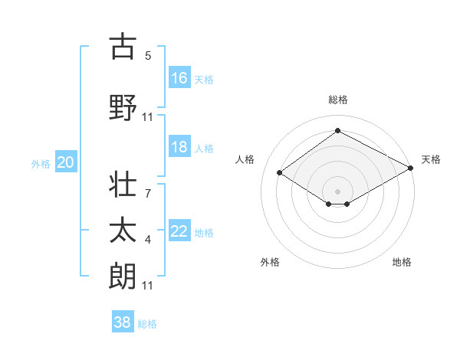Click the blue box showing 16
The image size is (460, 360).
coord(179,78)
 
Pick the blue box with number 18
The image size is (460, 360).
coord(179,147)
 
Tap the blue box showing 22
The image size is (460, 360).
coord(179,232)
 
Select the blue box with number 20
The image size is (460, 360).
coord(65,162)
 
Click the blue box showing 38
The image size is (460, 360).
coord(123,322)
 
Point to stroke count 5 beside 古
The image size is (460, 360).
coord(148,56)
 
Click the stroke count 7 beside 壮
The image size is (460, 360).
coord(148,195)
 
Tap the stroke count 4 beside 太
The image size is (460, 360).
coord(148,241)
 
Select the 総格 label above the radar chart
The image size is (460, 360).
coord(337,100)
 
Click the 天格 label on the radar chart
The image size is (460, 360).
coord(432,159)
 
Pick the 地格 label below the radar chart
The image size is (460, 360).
coord(402,262)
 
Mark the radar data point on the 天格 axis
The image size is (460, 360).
coord(411,168)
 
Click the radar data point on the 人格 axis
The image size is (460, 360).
coord(280,173)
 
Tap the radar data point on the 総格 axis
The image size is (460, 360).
coord(337,130)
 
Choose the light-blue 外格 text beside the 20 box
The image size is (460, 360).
coord(41,163)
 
